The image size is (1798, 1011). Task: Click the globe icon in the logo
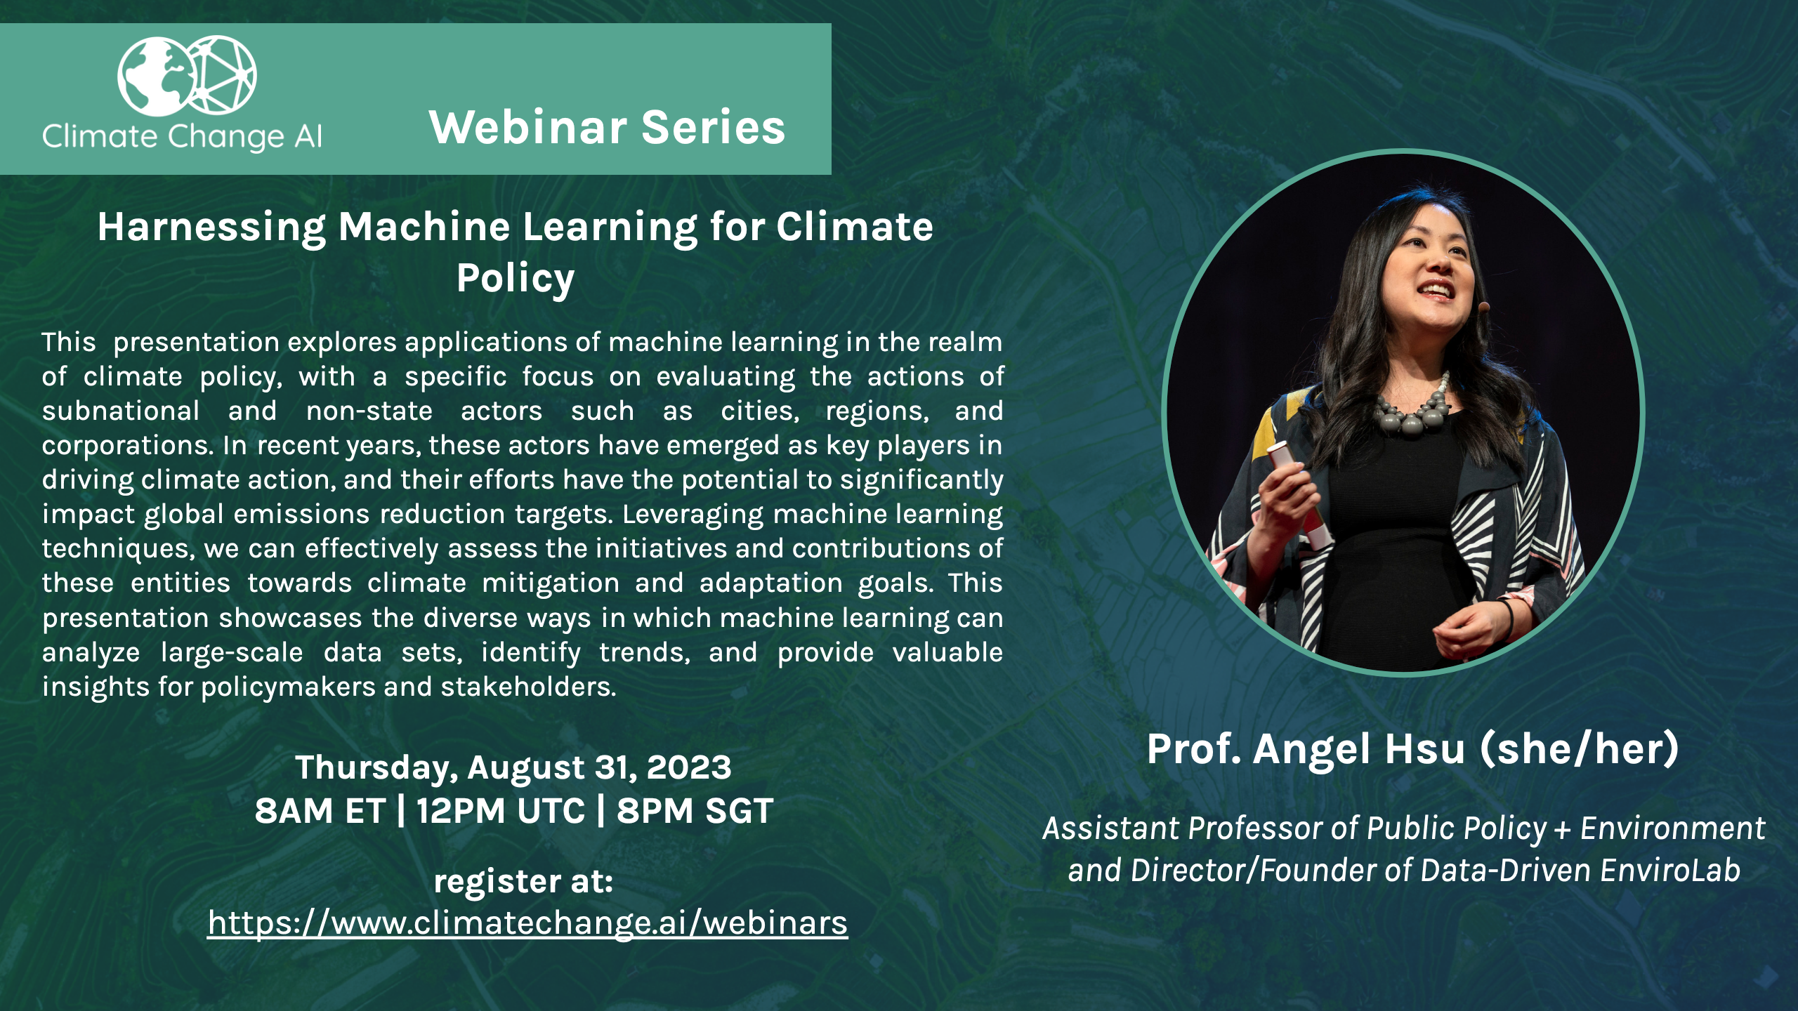tap(156, 77)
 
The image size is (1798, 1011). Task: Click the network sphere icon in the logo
tap(221, 74)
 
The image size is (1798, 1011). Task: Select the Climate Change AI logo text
tap(182, 136)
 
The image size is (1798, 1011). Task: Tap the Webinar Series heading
tap(607, 127)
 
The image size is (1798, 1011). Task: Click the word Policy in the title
tap(516, 279)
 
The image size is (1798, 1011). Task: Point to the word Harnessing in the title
tap(211, 227)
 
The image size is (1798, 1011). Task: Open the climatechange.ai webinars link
tap(527, 923)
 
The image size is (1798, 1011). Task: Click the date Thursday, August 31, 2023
tap(513, 767)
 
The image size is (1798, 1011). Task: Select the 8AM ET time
tap(320, 811)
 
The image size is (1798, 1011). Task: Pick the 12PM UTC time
tap(500, 811)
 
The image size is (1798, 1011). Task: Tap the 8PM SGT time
tap(695, 811)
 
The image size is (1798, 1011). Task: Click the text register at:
tap(523, 881)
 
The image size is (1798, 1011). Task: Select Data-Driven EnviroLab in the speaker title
tap(1580, 871)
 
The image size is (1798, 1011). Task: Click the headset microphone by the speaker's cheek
tap(1483, 306)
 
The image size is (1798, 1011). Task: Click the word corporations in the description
tap(127, 446)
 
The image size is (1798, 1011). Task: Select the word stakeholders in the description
tap(528, 687)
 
